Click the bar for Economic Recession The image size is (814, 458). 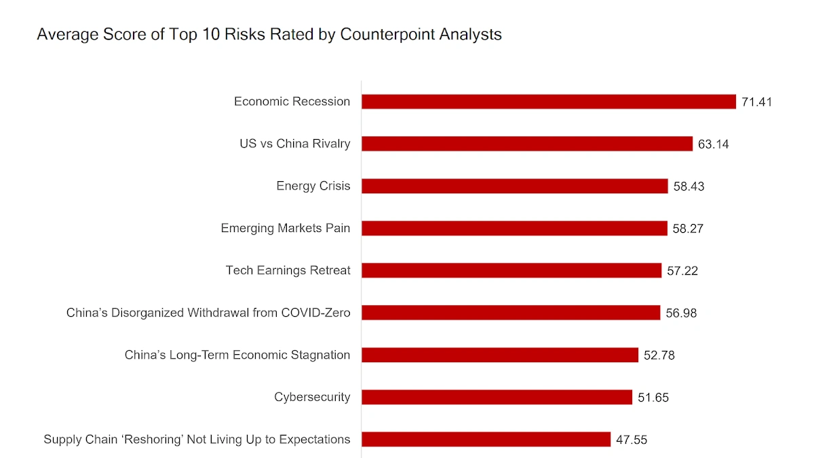548,102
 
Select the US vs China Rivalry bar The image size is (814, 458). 526,144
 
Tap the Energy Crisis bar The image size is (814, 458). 514,186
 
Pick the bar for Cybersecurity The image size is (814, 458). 497,397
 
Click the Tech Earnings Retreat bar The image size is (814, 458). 511,271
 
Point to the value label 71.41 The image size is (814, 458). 756,102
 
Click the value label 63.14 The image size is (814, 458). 713,145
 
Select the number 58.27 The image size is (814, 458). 688,229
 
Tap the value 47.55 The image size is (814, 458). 631,440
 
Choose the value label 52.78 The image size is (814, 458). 659,355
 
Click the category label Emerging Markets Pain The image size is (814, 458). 285,228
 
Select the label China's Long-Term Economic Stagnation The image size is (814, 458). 237,355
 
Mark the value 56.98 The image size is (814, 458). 680,313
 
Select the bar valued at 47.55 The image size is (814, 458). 486,440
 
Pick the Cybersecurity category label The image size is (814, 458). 312,398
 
